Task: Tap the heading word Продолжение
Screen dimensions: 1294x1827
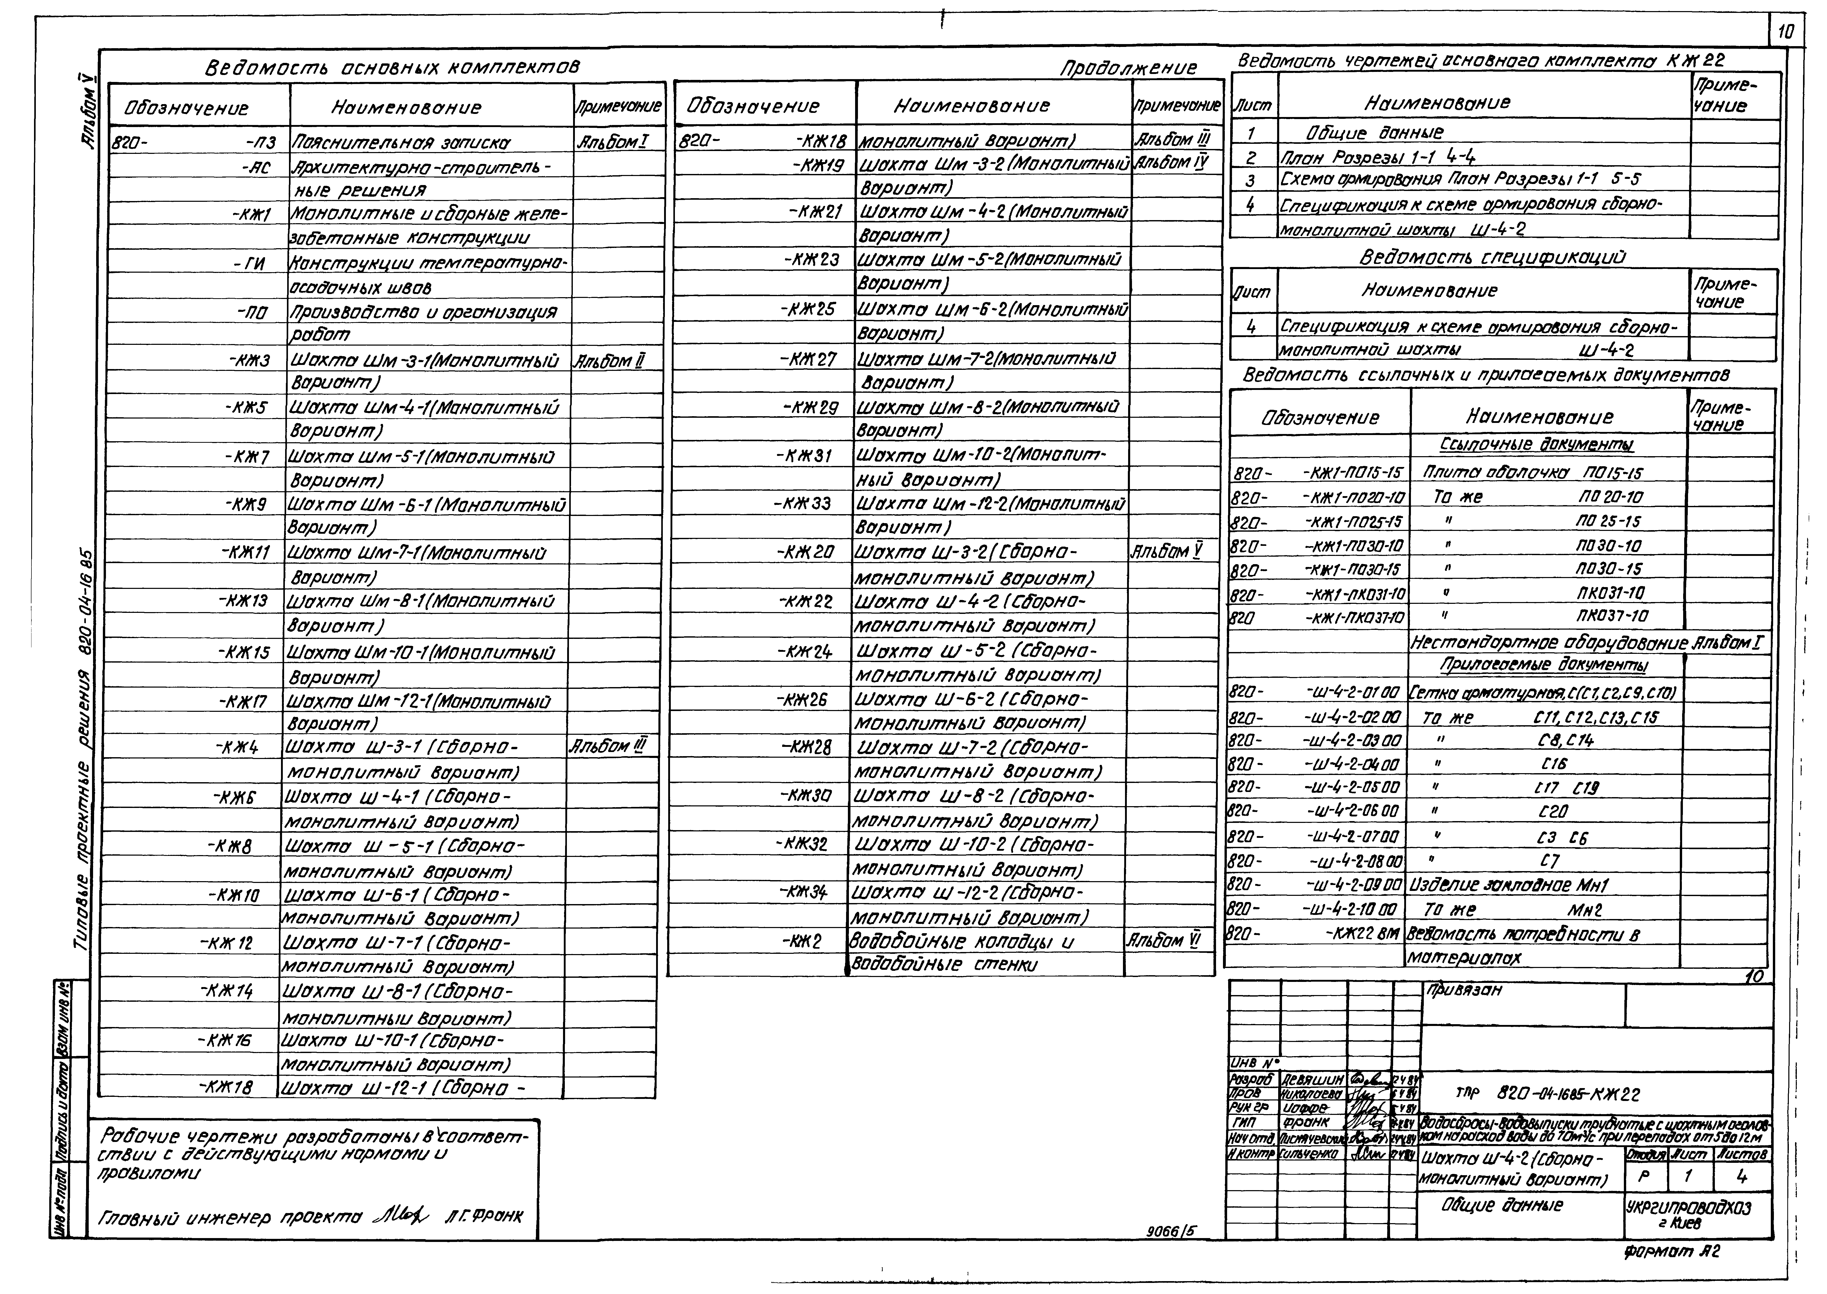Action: (1128, 69)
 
